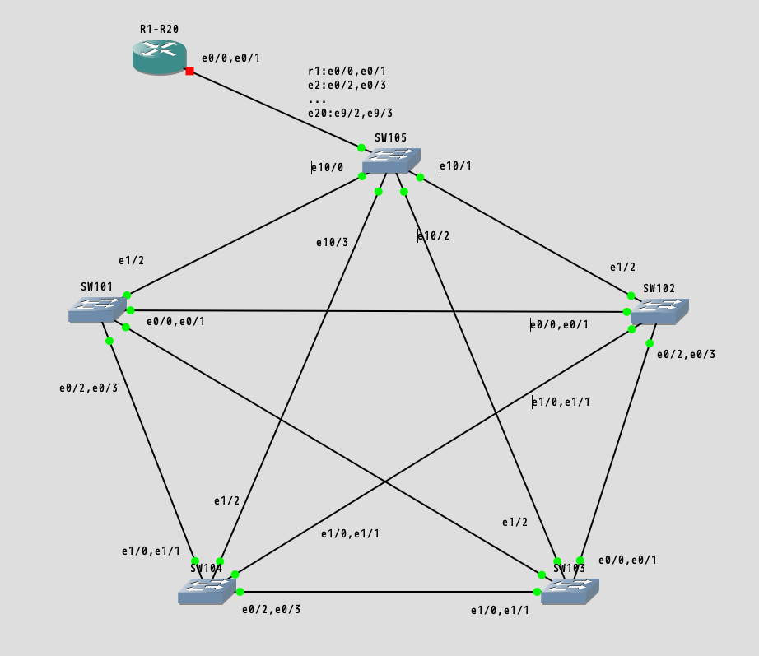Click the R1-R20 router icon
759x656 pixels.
(x=160, y=56)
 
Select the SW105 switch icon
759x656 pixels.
(x=391, y=161)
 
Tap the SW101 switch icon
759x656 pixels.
(x=97, y=309)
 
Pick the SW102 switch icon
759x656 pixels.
(x=659, y=311)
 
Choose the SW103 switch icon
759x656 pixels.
(x=570, y=591)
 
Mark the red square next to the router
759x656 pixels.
(x=190, y=72)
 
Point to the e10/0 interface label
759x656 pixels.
(x=328, y=167)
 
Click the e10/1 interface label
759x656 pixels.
(x=456, y=165)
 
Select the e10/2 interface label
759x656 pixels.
(x=434, y=235)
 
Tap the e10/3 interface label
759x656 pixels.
(x=332, y=242)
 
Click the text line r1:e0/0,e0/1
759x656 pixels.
(x=347, y=72)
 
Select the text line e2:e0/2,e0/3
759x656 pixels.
(x=347, y=86)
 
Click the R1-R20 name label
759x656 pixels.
(x=159, y=29)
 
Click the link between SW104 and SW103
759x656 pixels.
(x=387, y=592)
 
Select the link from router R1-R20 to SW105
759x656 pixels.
(x=276, y=110)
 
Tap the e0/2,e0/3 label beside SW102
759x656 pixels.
(x=686, y=354)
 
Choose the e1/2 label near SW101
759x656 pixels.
(x=131, y=260)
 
